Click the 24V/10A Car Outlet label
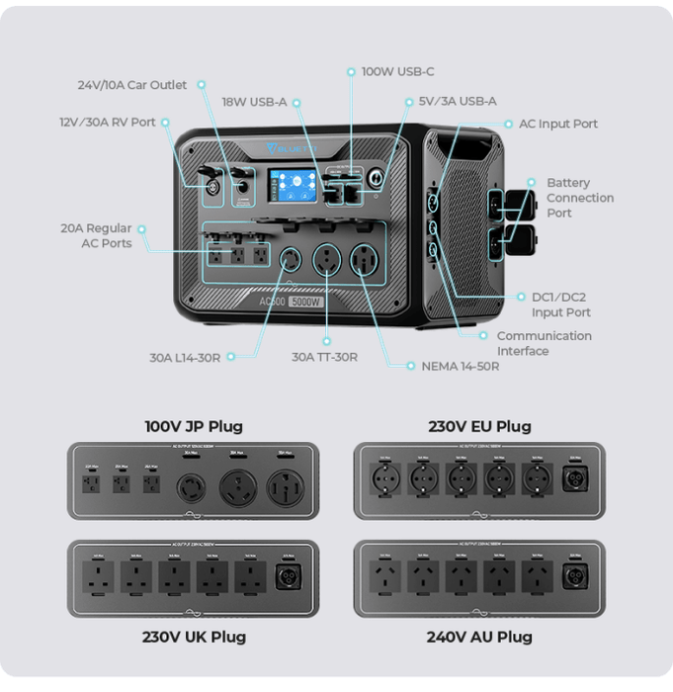point(132,85)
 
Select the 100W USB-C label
point(397,72)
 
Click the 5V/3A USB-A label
point(458,101)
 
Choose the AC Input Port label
point(558,124)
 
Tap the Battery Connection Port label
point(580,198)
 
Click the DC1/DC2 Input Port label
point(560,304)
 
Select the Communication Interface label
point(544,343)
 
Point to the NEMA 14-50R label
point(461,366)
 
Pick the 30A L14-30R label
point(185,357)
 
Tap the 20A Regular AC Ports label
point(96,235)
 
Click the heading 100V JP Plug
point(194,427)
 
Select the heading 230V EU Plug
point(479,427)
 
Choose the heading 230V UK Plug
point(194,636)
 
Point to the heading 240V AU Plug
point(479,636)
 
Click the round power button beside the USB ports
point(375,183)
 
